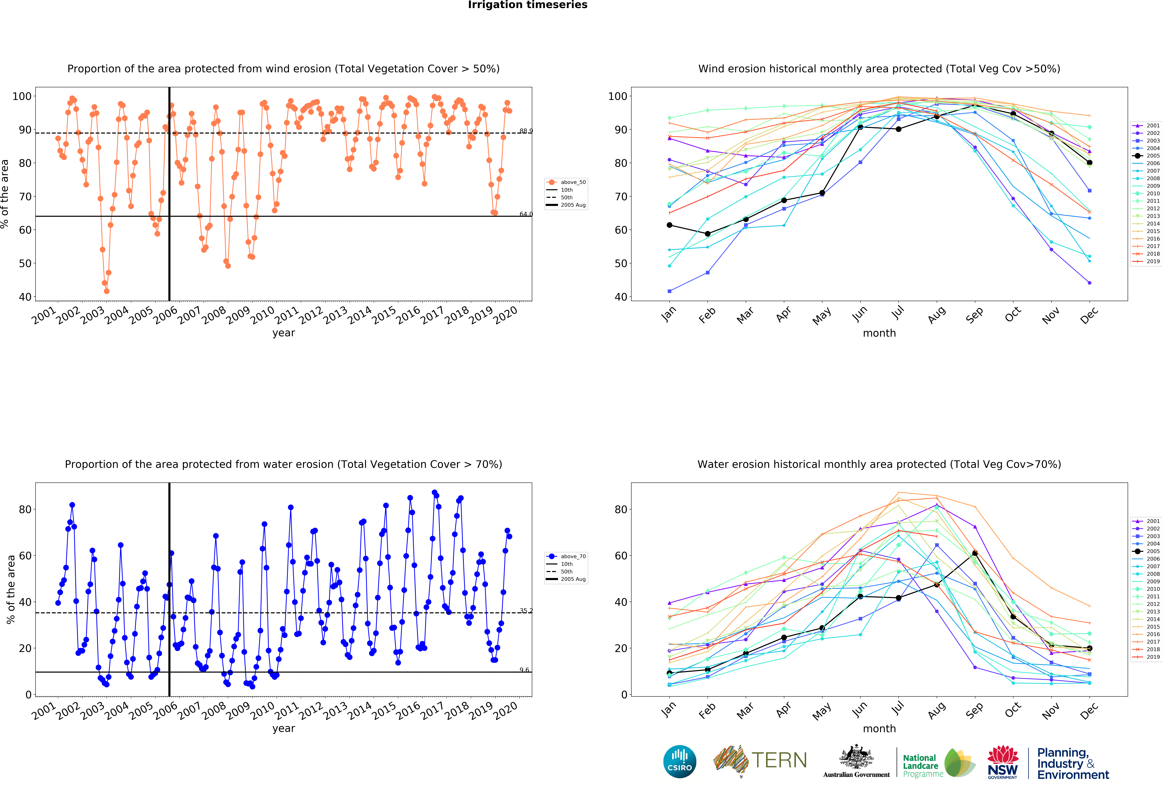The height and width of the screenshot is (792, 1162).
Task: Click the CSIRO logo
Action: coord(679,761)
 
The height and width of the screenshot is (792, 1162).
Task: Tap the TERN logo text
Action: coord(779,761)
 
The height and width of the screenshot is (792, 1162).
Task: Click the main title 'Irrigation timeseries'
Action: coord(528,5)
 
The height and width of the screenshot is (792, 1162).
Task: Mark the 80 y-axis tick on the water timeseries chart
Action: coord(25,510)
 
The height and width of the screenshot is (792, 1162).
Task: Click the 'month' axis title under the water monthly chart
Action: coord(879,729)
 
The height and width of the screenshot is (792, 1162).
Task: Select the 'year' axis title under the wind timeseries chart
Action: coord(284,333)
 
